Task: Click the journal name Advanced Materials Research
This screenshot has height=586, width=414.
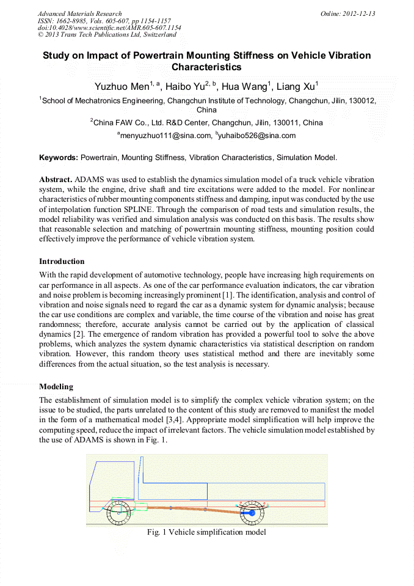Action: point(79,13)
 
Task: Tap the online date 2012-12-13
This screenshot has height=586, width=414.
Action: point(348,13)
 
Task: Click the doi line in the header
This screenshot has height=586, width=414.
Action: point(109,28)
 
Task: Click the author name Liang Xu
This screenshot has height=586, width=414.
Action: point(296,87)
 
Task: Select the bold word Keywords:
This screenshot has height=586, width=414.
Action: point(59,158)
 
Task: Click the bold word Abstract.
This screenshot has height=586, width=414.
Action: point(56,180)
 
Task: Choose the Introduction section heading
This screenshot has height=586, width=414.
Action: point(62,262)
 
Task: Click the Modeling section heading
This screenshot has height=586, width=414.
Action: point(56,387)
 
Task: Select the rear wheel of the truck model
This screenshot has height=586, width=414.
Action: point(252,513)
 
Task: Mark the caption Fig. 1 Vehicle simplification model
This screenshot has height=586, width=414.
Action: point(206,532)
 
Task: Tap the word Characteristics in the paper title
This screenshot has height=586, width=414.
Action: point(206,67)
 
